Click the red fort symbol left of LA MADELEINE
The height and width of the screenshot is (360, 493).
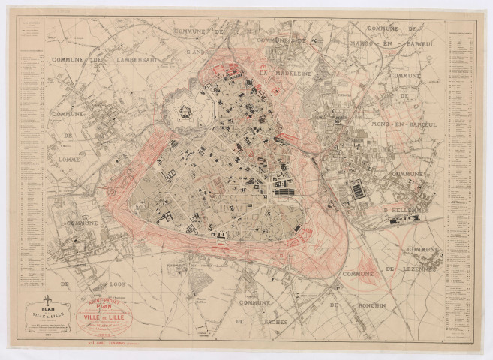point(263,68)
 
